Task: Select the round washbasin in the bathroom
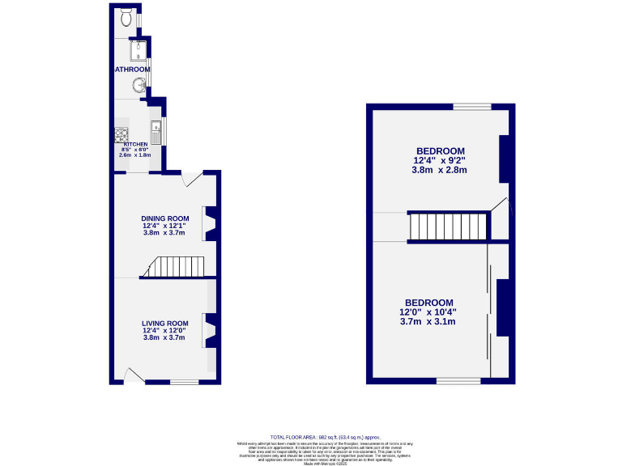pos(140,84)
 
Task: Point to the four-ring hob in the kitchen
pos(121,134)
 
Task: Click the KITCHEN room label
pos(135,144)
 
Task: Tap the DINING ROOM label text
pos(164,218)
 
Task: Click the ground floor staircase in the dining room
pos(178,266)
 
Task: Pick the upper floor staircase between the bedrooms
pos(448,227)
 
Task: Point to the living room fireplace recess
pos(208,330)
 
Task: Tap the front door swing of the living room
pos(133,374)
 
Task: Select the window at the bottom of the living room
pos(185,381)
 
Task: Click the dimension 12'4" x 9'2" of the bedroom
pos(440,160)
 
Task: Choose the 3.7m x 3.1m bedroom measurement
pos(428,322)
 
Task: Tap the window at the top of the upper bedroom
pos(471,107)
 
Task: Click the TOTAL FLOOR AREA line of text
pos(324,437)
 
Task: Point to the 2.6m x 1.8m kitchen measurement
pos(135,155)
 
